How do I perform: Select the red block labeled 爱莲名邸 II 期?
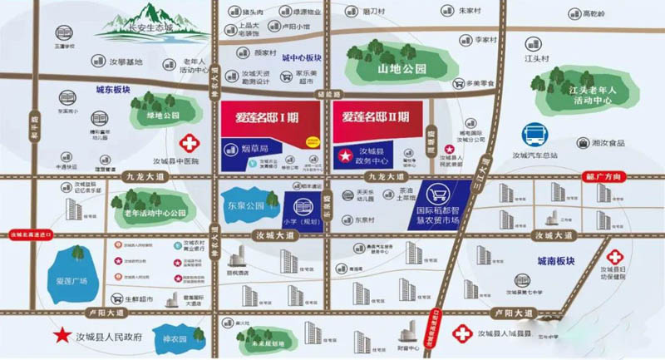[x=376, y=117]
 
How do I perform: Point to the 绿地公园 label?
[x=161, y=116]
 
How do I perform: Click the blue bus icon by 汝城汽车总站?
[x=533, y=135]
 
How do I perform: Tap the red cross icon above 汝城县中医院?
[x=192, y=142]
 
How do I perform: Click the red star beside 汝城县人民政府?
[x=61, y=337]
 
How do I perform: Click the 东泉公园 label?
[x=244, y=205]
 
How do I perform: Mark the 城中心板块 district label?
[x=301, y=58]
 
